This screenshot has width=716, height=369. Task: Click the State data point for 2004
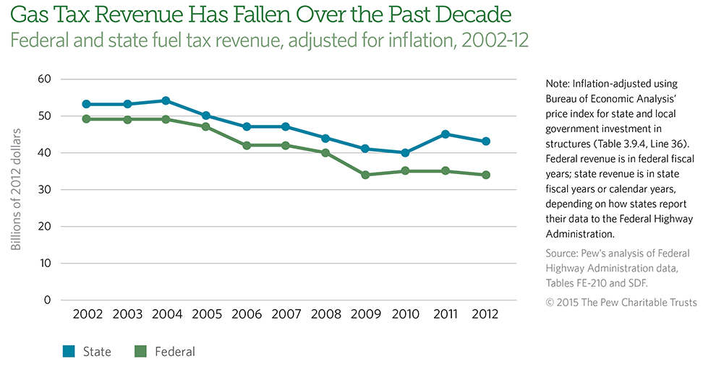tap(166, 100)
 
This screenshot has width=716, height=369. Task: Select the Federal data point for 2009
tap(365, 175)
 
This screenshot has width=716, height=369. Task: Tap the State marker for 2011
tap(445, 134)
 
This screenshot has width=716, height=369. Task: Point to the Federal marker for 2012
tap(485, 175)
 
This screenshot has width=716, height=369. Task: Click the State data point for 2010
tap(405, 152)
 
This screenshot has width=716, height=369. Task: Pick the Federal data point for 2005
tap(206, 126)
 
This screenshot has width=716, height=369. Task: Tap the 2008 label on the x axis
tap(325, 315)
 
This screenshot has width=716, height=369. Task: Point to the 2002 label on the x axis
tap(87, 315)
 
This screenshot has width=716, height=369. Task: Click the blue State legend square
tap(69, 352)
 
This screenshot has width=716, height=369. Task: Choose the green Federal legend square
tap(141, 352)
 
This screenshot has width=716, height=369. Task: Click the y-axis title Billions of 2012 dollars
tap(16, 189)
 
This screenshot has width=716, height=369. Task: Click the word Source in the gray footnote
tap(563, 253)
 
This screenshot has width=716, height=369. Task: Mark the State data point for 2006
tap(246, 126)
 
